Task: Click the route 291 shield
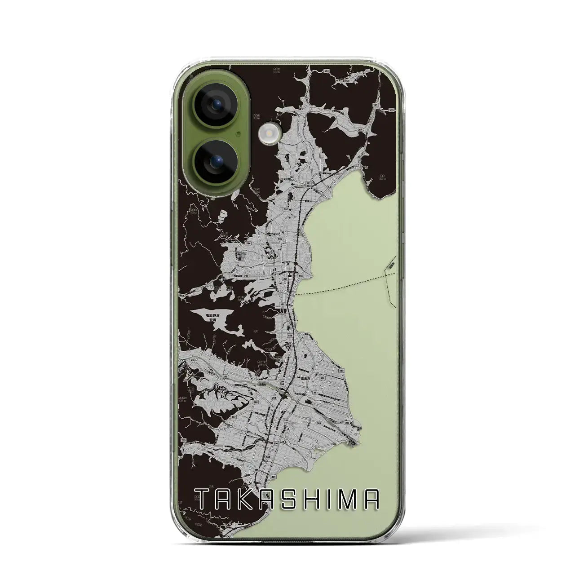pyautogui.click(x=286, y=279)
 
